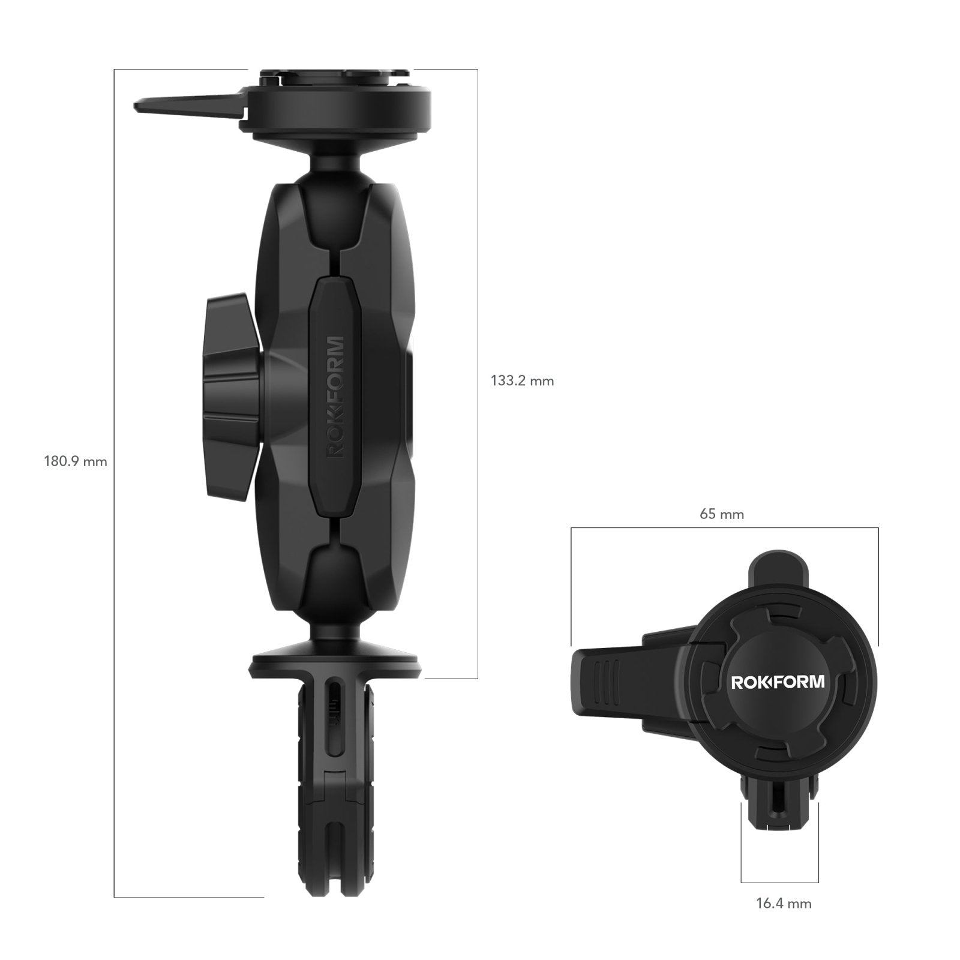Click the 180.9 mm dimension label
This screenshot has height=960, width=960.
[x=75, y=461]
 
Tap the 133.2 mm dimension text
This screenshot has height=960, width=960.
[x=522, y=380]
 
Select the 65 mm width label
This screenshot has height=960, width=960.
[x=721, y=514]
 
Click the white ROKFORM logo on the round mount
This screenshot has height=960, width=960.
[x=778, y=682]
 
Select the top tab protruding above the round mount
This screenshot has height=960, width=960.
[x=776, y=568]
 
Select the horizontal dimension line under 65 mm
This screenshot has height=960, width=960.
[x=724, y=528]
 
